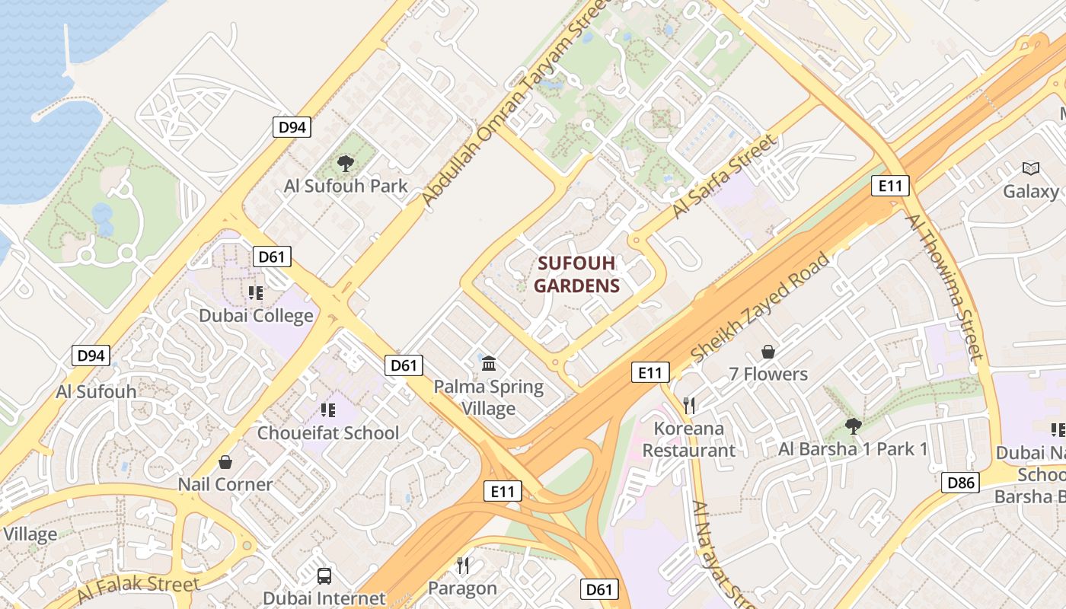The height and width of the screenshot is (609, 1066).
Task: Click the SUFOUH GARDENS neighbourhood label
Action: [576, 274]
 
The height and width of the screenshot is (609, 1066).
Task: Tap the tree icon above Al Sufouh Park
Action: [345, 162]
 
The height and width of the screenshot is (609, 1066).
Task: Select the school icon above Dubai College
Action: [256, 292]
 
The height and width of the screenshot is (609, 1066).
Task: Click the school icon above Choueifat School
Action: [328, 410]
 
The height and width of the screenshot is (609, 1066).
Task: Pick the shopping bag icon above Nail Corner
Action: [225, 462]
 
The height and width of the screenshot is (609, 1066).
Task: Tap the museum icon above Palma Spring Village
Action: [489, 364]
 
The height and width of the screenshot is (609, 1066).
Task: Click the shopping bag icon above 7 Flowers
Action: [768, 352]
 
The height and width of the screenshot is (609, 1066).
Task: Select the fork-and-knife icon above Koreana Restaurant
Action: [689, 405]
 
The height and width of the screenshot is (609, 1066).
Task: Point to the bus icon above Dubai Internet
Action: [324, 576]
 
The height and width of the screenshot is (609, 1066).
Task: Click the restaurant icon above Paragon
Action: [462, 565]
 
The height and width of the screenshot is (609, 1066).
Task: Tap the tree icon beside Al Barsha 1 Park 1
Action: [853, 426]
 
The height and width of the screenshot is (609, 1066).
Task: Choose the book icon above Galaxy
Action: [1031, 168]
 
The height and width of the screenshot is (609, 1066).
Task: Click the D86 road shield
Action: [960, 482]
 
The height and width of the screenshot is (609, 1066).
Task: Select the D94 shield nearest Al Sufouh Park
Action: [292, 127]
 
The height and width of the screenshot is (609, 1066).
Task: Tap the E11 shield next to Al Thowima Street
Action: [890, 185]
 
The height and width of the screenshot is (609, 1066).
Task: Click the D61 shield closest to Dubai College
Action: [271, 257]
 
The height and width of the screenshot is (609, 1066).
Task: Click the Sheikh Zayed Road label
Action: [759, 308]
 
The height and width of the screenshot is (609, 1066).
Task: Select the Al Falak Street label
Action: [138, 587]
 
